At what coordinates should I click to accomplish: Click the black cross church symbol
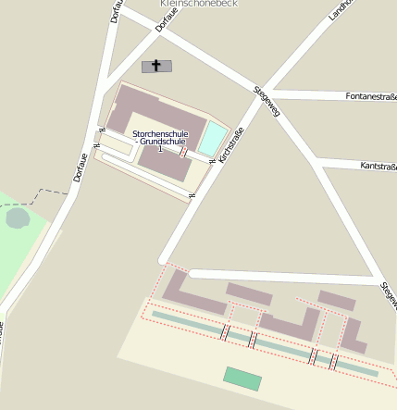156,66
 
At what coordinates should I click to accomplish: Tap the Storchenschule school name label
160,134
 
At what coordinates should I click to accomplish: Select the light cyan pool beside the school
212,138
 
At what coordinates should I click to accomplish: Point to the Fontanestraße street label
370,95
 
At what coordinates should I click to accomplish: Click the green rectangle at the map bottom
242,379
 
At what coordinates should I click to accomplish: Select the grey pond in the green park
18,218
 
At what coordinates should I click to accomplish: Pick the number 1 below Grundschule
160,150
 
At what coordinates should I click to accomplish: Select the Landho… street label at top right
341,9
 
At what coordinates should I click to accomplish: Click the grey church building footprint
156,66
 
